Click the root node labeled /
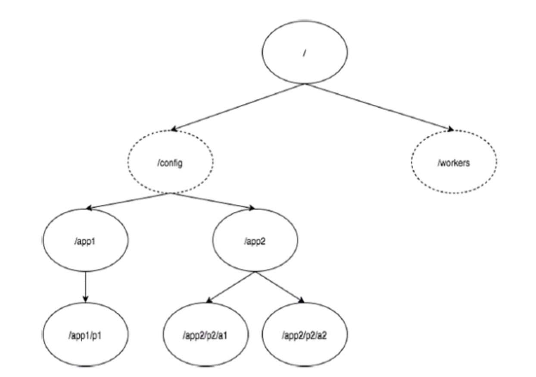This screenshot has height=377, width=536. point(305,52)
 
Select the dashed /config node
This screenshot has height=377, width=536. point(170,162)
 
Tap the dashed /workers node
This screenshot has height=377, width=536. point(454,162)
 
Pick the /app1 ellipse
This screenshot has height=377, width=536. point(85,240)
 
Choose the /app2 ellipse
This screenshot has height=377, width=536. point(256,240)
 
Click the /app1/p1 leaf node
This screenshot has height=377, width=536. point(85,334)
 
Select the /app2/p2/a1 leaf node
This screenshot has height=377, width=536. point(206,334)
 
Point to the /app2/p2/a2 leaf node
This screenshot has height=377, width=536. point(305,334)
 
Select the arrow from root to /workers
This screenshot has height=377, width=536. point(379,107)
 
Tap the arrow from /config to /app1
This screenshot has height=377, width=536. point(128,201)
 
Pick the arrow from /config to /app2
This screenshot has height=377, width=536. point(213,201)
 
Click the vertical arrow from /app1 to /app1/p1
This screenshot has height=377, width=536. point(85,287)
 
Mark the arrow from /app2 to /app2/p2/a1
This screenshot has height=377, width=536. point(231,287)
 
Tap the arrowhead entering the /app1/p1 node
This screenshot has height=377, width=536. point(85,299)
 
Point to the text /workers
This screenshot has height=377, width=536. point(454,163)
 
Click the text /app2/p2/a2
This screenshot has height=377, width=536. point(304,336)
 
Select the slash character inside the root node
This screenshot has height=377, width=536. point(304,53)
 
